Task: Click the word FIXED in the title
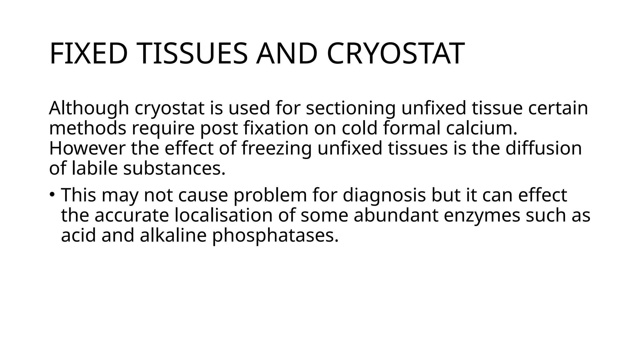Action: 88,54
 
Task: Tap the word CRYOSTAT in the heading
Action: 396,54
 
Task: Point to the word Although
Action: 89,108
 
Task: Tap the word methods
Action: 87,128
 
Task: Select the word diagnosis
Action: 384,196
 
